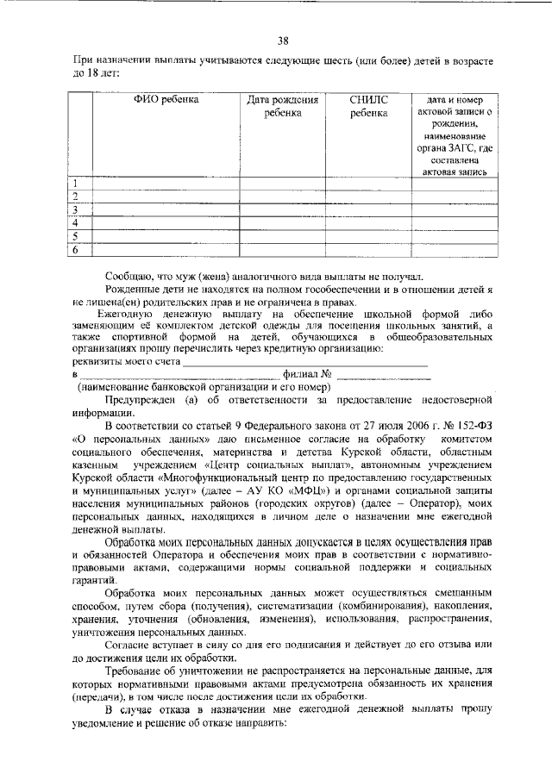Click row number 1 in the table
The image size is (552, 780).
click(76, 184)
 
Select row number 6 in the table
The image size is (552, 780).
click(76, 250)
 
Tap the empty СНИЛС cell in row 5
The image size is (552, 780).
click(368, 236)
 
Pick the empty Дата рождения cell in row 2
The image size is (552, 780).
click(283, 197)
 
